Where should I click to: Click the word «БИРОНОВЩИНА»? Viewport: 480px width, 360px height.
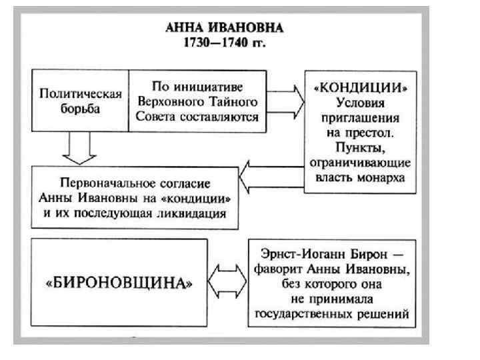120,283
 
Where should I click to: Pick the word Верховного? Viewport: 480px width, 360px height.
165,101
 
